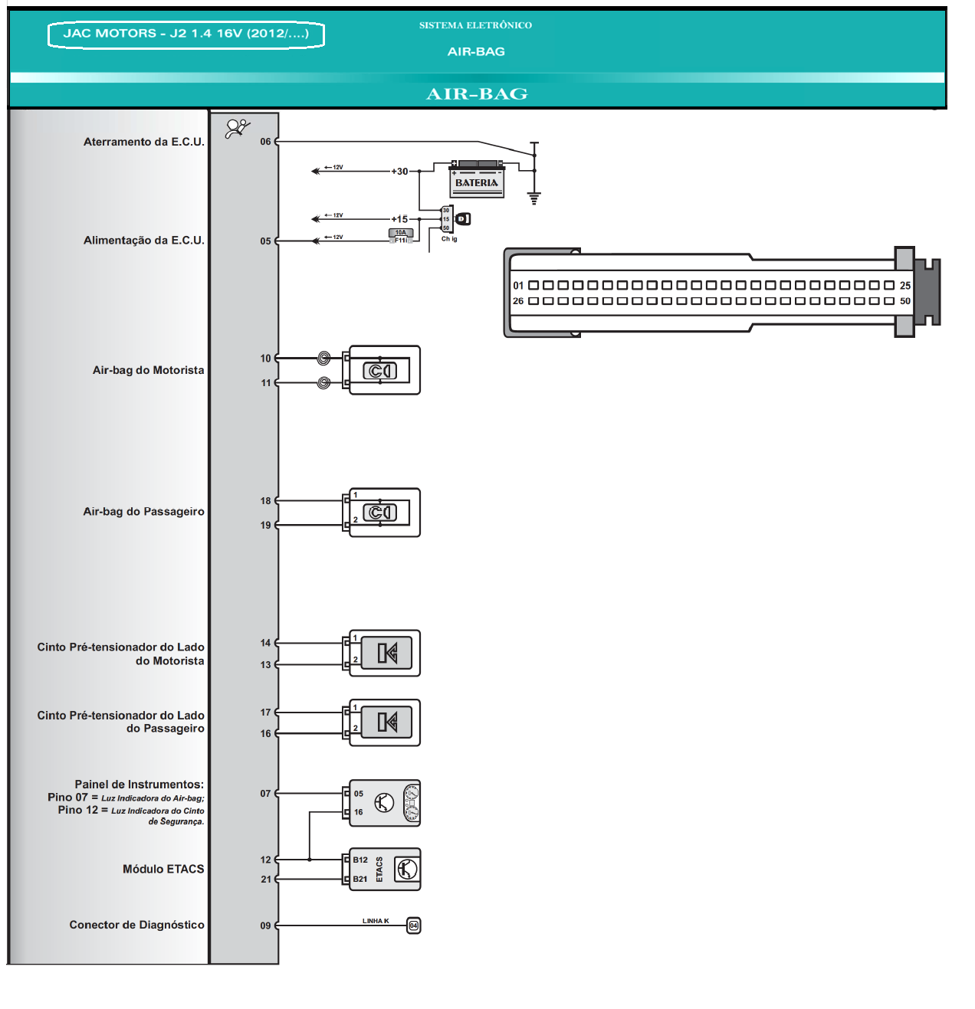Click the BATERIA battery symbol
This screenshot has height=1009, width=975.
(477, 180)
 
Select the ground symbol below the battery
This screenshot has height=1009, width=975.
(534, 198)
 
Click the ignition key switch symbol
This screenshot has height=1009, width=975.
(462, 219)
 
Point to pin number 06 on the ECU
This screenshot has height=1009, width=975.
(265, 142)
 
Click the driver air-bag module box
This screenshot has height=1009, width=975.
(384, 370)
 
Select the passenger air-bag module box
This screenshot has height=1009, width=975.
(384, 513)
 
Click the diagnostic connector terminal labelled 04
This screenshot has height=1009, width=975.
(413, 925)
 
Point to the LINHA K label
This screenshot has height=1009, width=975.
(376, 921)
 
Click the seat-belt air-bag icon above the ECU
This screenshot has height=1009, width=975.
(238, 129)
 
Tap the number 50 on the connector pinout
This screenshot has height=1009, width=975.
(905, 301)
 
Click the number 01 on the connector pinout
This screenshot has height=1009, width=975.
(518, 285)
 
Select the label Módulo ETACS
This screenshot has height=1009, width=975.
(163, 869)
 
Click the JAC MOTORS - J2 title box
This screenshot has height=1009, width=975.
(186, 34)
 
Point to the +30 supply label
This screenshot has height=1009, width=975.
(399, 172)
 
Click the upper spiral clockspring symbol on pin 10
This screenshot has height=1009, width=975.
(324, 358)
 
